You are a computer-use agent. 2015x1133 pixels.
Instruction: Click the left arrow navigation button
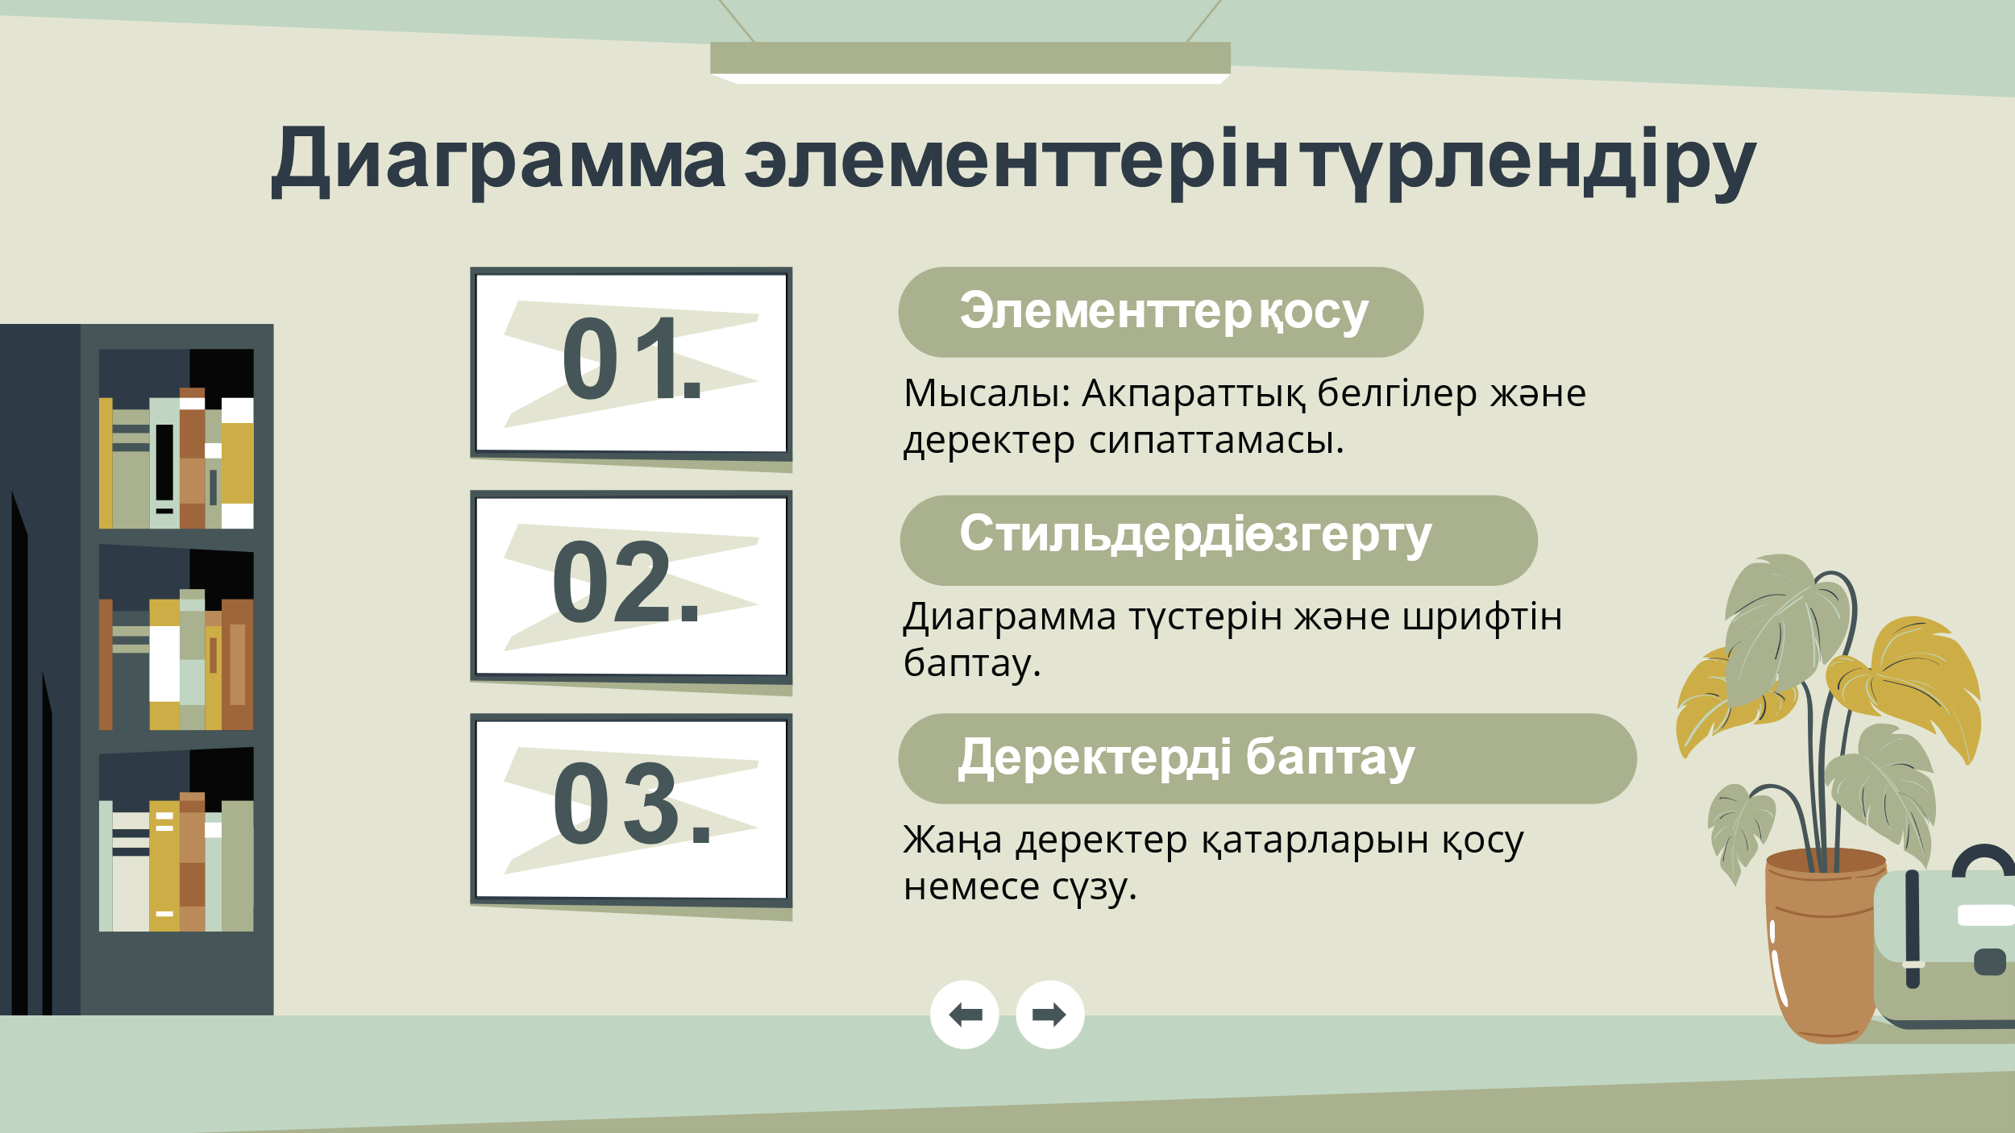[965, 1015]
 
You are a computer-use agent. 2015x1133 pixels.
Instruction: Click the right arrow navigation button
[1050, 1015]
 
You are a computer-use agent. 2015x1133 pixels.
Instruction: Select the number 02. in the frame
[625, 581]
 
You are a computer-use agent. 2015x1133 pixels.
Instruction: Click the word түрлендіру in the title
[1529, 163]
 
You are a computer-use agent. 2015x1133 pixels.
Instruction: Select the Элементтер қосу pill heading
[1161, 312]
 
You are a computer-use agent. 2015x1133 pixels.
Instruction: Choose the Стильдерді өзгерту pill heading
[1219, 540]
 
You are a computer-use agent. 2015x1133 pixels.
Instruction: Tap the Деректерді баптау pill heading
[1268, 758]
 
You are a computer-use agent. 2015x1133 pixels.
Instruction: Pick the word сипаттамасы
[1216, 441]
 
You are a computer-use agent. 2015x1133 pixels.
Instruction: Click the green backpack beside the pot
[1945, 948]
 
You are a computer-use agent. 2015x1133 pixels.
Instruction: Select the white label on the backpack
[1986, 915]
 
